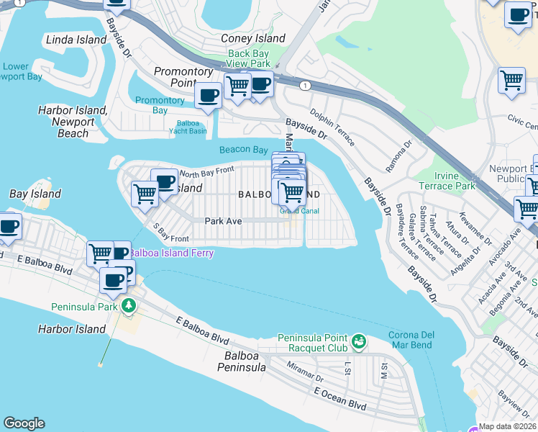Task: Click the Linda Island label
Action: tap(76, 40)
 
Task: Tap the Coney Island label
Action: tap(252, 38)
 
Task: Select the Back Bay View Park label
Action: tap(248, 58)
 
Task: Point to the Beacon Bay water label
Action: tap(244, 150)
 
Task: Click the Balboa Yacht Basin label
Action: tap(188, 127)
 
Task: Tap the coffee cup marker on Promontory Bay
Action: tap(209, 96)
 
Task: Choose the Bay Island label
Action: tap(35, 194)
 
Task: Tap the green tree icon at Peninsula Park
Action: tap(129, 306)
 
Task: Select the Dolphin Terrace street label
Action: tap(332, 127)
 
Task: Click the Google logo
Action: tap(24, 423)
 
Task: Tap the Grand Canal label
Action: tap(300, 212)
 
